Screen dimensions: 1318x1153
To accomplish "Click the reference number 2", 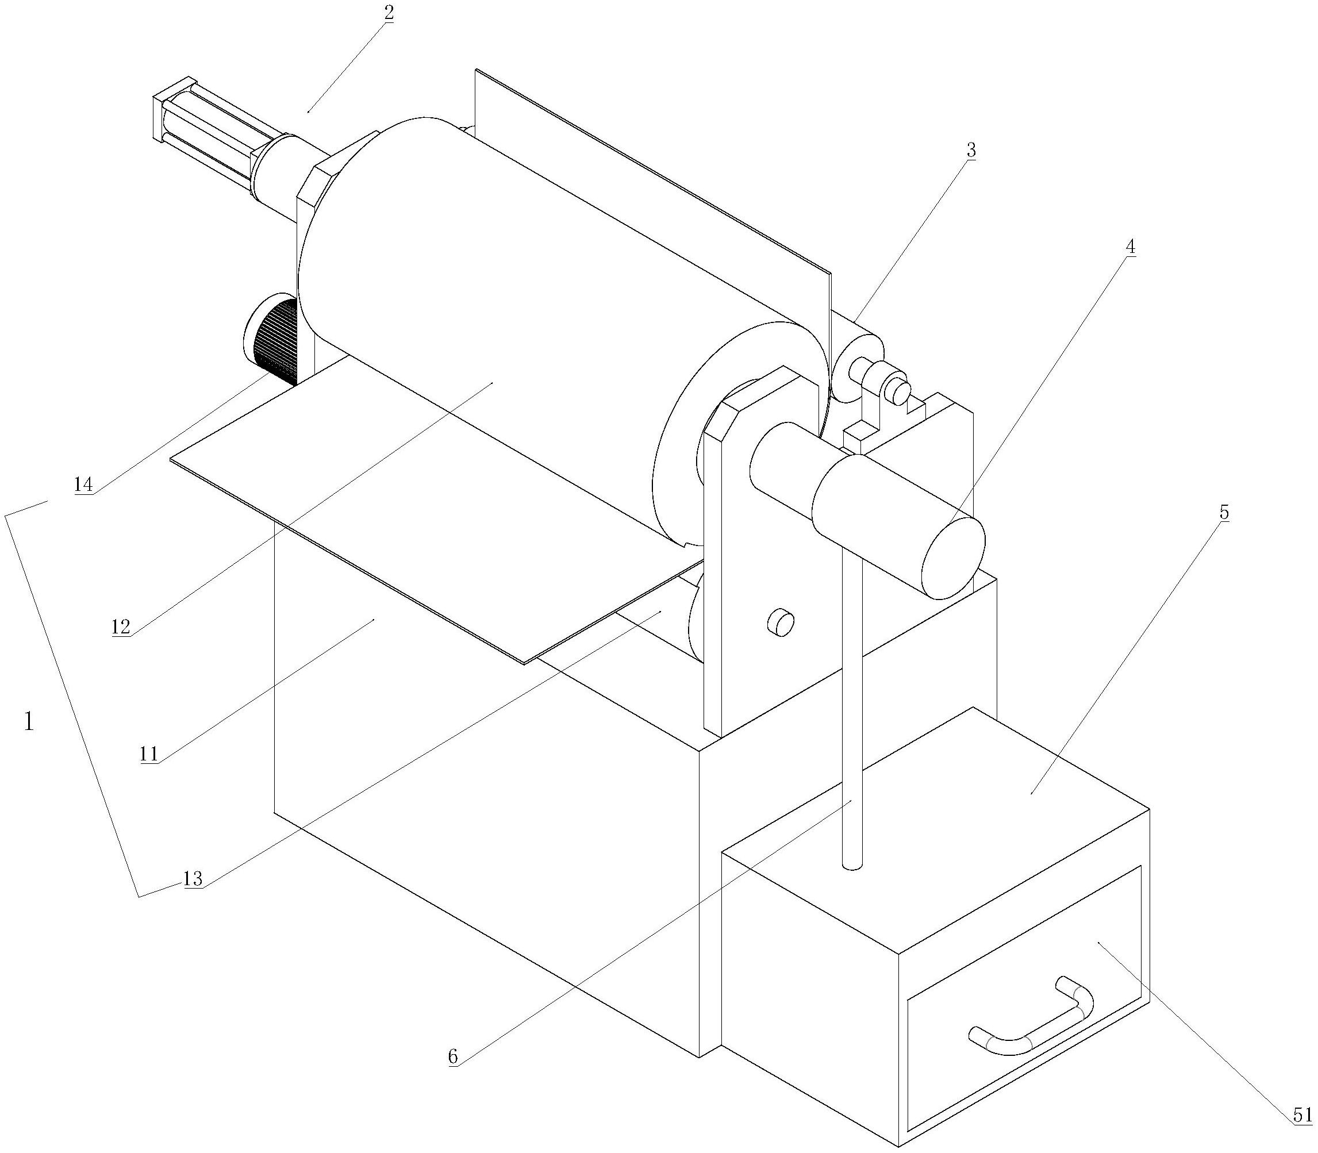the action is click(x=388, y=13).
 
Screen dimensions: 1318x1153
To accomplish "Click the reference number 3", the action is click(x=971, y=150).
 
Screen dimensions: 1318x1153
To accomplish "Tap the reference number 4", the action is click(x=1130, y=247).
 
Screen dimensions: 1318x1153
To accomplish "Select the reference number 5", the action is click(x=1224, y=513).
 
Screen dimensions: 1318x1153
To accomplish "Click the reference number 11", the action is click(x=149, y=754).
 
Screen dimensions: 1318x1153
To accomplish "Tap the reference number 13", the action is click(x=193, y=878).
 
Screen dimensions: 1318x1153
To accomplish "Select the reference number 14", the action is click(x=84, y=485).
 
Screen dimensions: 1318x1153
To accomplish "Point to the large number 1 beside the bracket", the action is click(x=28, y=722).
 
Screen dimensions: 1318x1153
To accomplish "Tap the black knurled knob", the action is click(x=271, y=340).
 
